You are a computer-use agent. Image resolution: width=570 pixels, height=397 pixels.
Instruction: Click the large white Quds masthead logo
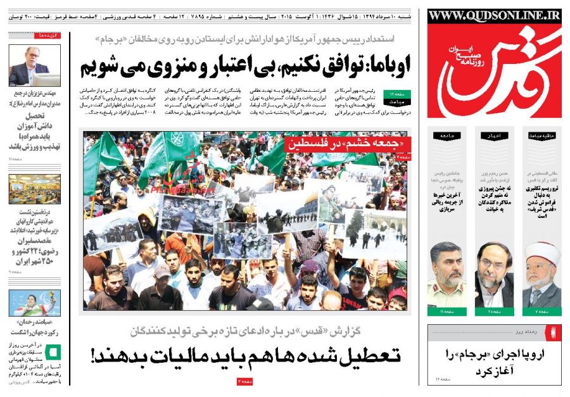click(x=494, y=70)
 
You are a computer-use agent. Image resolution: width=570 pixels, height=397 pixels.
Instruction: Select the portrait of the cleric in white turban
click(x=543, y=275)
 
